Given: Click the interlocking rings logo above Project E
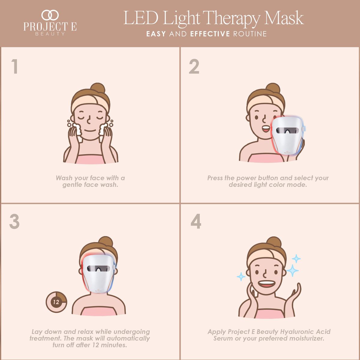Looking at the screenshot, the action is [x=50, y=15].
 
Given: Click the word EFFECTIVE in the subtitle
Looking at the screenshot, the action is [x=210, y=34].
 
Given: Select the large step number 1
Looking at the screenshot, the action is [x=15, y=66].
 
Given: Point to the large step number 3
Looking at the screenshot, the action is [x=14, y=221].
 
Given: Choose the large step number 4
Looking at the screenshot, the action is [x=196, y=221].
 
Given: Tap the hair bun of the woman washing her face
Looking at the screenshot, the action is [x=98, y=88].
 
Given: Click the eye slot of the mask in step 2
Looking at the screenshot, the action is [x=287, y=130].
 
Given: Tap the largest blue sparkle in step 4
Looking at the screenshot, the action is [x=292, y=270].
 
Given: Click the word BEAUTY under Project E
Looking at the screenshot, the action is [x=50, y=34].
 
